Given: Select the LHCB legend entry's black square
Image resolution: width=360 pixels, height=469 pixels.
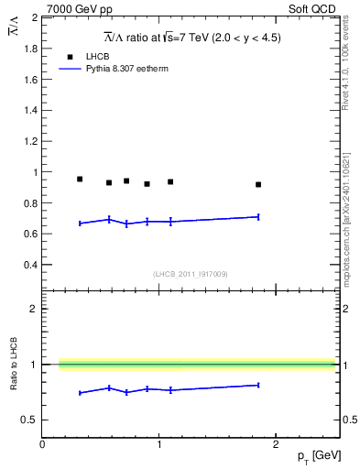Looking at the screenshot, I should pos(67,57).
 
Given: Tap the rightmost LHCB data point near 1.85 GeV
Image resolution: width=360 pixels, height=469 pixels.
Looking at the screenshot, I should pos(258,184).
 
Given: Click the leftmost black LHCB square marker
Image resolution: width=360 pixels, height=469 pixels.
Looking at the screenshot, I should pos(80,179).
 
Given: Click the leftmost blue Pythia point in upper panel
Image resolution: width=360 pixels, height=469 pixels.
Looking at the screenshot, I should pos(80,224).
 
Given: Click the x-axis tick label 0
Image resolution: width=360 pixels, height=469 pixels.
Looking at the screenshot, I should pos(42,444).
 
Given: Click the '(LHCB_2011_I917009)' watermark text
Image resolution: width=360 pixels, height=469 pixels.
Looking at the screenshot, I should pos(191,273).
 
